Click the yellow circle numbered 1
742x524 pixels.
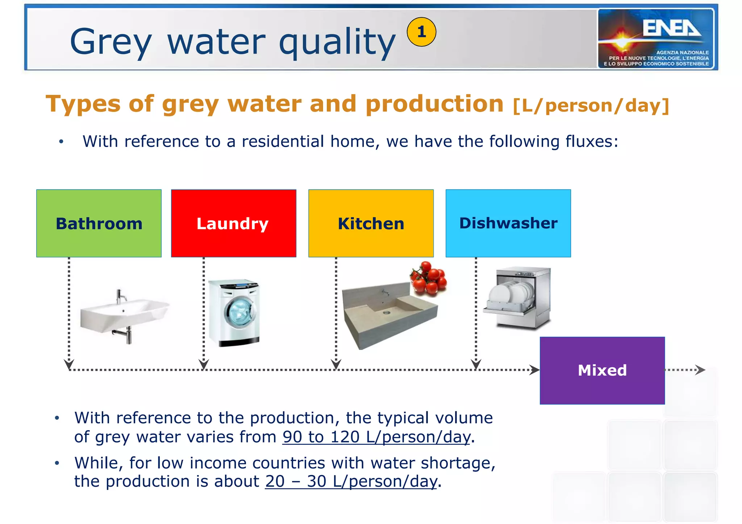click(421, 32)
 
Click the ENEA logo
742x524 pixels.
click(656, 38)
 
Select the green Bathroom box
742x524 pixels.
click(99, 223)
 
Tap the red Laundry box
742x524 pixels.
click(233, 223)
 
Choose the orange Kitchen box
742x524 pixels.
click(371, 223)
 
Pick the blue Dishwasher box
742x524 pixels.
click(508, 223)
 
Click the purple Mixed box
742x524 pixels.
click(602, 370)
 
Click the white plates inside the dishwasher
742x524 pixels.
click(511, 293)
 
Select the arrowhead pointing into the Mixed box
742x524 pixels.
click(534, 370)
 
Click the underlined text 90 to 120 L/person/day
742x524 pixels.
click(376, 437)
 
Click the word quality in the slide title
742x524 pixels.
click(337, 43)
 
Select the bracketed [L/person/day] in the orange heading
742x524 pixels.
click(591, 106)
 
